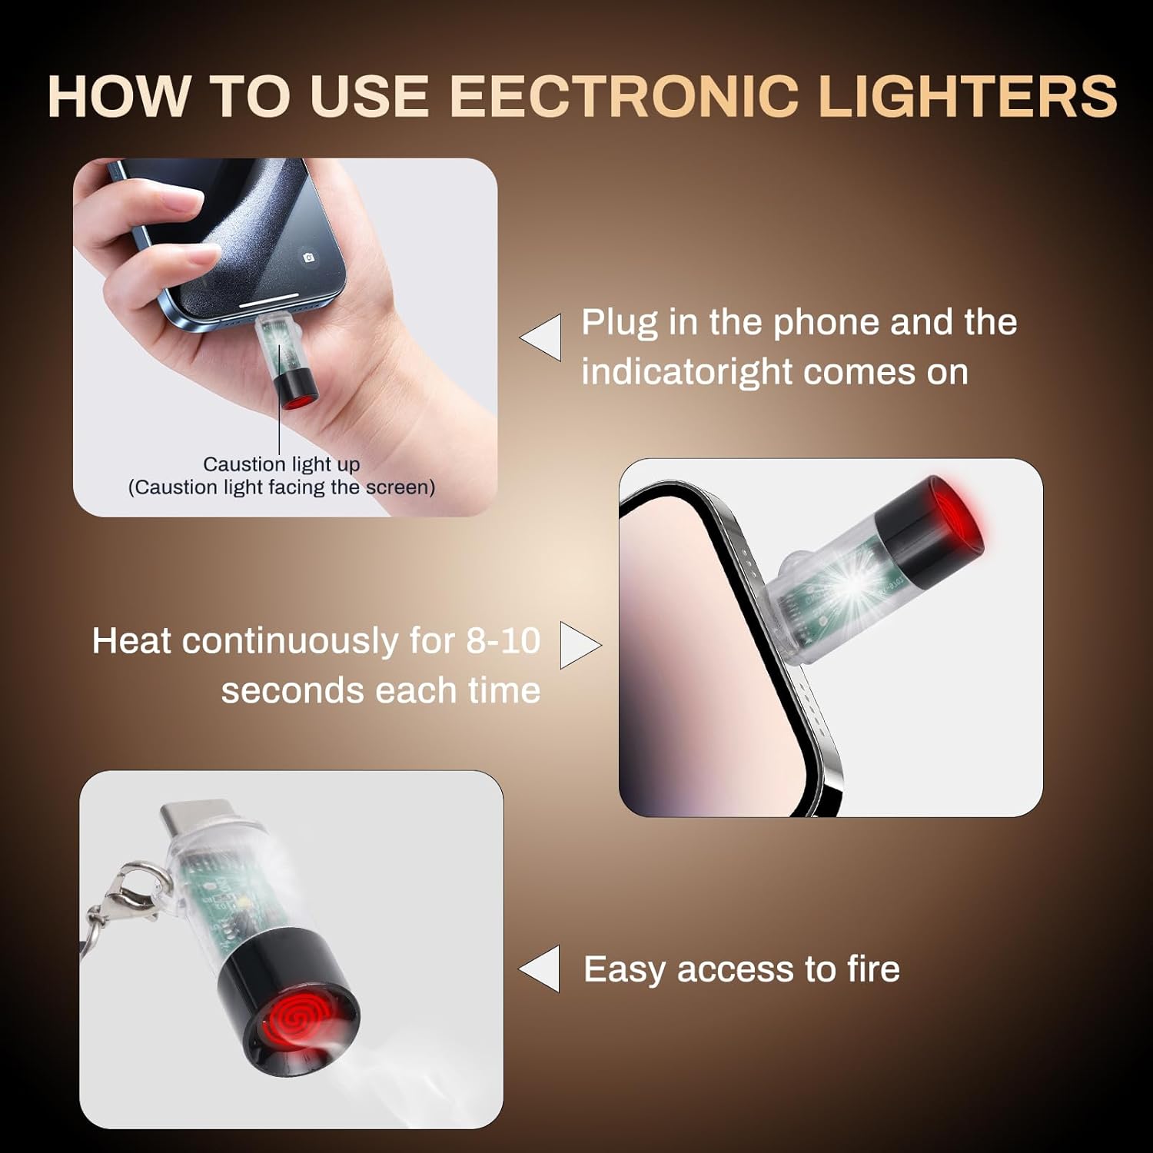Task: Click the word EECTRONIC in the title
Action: [623, 97]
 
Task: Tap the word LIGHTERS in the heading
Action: [967, 97]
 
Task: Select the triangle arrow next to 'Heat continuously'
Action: [577, 645]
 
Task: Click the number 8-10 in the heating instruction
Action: [503, 641]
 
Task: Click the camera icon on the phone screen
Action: [309, 258]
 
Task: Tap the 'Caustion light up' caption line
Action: [281, 464]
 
